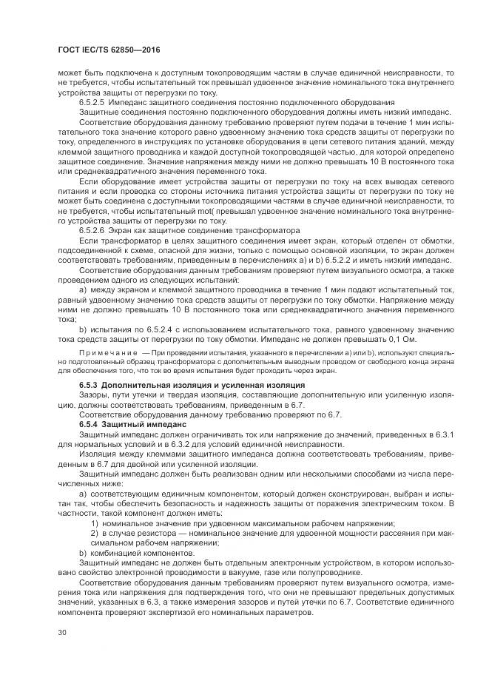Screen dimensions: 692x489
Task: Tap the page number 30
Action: [63, 633]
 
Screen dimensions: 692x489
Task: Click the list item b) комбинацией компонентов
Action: [133, 552]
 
